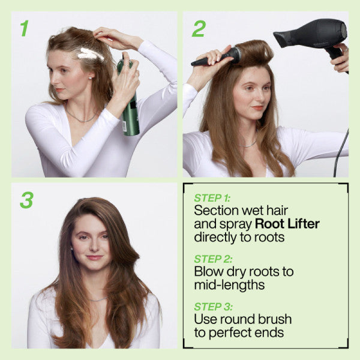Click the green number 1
coord(24,28)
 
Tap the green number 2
coord(199,28)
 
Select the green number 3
coord(26,200)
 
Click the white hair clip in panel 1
coord(91,55)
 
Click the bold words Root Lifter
coord(287,224)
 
